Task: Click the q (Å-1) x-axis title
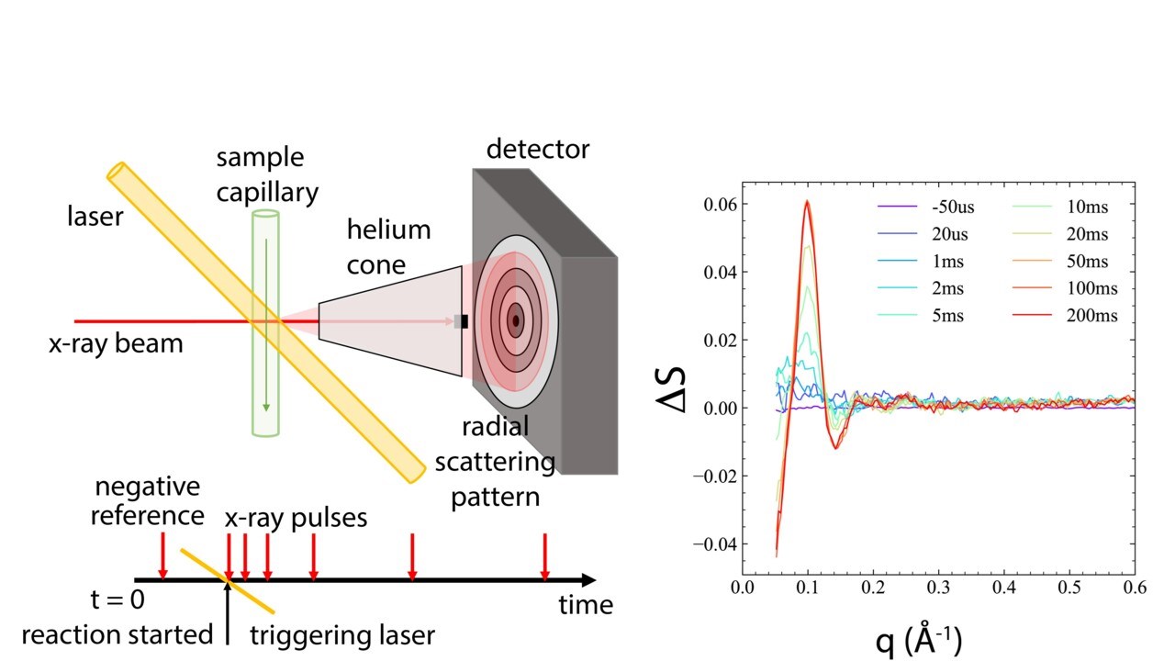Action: (918, 638)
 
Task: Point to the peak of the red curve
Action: (807, 201)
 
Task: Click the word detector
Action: (538, 149)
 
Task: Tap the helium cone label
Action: (388, 246)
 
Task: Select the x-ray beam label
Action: (116, 344)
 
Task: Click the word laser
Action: (96, 218)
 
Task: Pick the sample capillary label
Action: (267, 174)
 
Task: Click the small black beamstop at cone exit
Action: (464, 321)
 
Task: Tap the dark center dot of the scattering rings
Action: (516, 320)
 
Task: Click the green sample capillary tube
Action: (265, 367)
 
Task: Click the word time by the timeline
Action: (586, 605)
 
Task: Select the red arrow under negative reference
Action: (163, 555)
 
